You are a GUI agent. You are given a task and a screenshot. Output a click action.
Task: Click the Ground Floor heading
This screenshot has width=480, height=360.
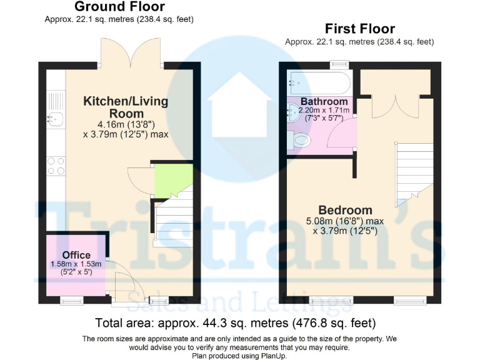coord(119,7)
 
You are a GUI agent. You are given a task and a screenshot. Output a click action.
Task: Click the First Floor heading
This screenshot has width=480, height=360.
coord(359,29)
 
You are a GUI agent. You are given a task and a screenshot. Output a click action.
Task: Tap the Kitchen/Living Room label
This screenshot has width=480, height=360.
coord(126,107)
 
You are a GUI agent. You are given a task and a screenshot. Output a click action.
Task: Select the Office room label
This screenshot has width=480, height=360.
coord(76,255)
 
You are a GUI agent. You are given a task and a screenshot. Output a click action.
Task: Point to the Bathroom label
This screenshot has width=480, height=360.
coord(324,101)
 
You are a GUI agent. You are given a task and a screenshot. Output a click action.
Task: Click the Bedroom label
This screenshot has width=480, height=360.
coord(345,210)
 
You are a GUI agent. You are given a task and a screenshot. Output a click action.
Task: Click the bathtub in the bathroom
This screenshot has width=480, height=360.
coord(319,82)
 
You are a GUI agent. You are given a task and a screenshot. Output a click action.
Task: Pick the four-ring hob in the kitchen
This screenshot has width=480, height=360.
coord(55,165)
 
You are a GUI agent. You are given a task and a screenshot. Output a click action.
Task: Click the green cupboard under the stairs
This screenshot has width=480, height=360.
coord(172,179)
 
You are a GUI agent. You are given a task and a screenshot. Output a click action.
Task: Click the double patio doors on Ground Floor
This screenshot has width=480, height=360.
coord(132,53)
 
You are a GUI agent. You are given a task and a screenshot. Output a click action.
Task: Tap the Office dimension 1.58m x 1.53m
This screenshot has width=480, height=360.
coord(76,264)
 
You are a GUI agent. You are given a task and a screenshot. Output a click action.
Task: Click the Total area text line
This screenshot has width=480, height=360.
coord(235,323)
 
